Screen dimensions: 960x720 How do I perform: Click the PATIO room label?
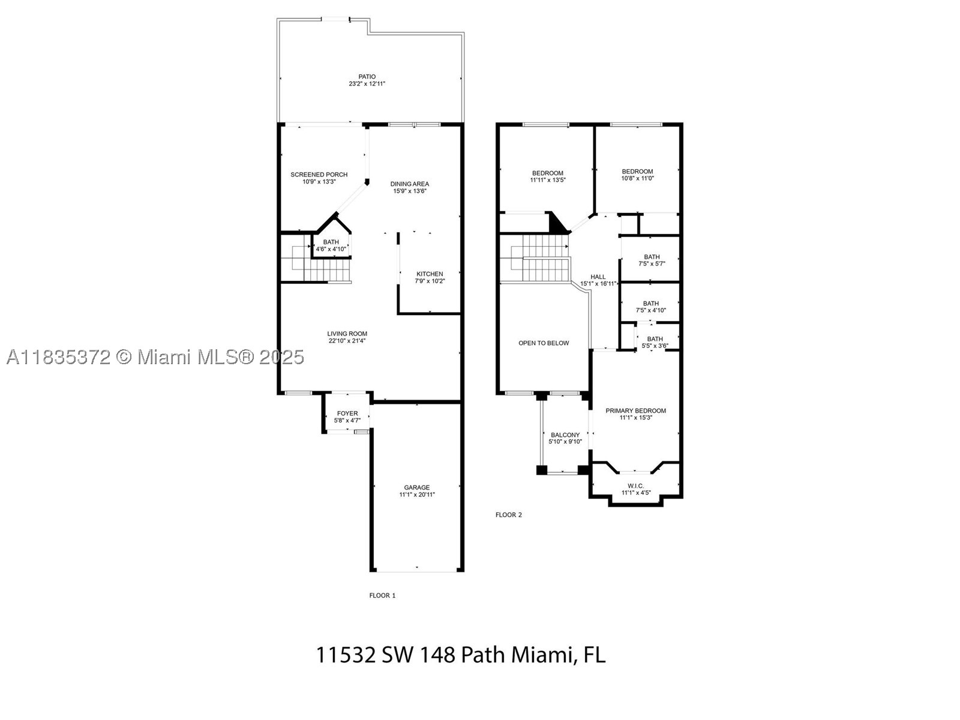367,77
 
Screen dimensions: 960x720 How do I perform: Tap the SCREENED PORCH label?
319,175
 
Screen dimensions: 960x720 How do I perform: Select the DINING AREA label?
410,184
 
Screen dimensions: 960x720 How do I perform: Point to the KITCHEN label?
430,274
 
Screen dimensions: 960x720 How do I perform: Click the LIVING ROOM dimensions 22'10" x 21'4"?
347,341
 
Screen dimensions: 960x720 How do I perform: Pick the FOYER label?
347,413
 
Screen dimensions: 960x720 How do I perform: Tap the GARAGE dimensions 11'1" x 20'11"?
417,494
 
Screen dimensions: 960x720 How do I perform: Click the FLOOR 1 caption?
382,595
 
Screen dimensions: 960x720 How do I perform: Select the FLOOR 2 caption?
509,515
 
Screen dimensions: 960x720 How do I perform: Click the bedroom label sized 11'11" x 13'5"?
548,173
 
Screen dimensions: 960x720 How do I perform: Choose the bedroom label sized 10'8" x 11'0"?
637,172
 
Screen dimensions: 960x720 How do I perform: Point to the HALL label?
598,277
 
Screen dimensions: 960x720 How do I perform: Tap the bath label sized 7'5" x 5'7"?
652,257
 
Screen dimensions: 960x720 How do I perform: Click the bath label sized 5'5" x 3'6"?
655,339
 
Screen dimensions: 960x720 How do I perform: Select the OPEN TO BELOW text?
544,343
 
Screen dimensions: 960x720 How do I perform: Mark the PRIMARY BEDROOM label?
635,410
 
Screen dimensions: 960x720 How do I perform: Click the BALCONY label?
565,435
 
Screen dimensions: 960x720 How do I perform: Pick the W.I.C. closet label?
635,485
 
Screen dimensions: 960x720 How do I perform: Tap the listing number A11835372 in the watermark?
58,358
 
